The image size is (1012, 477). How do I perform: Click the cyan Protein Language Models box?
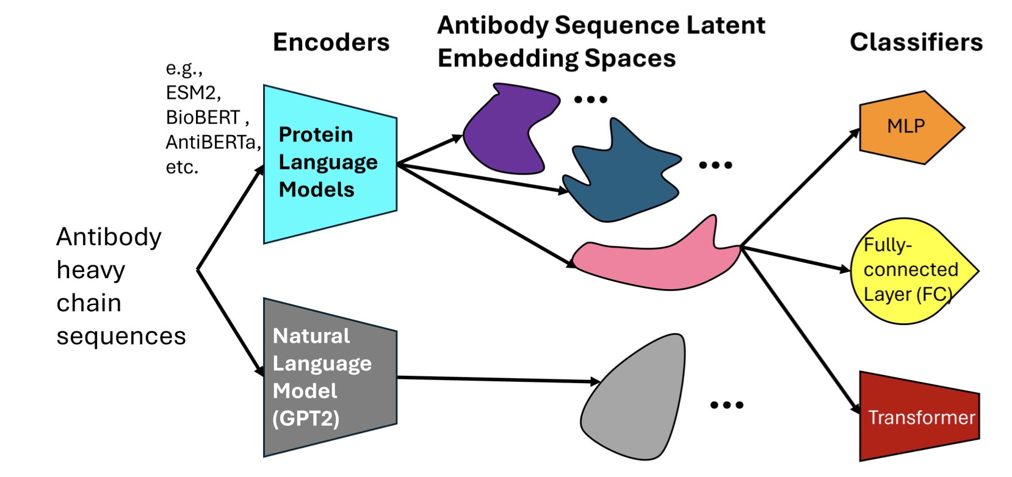(330, 163)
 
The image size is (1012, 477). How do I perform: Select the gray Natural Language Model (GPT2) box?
(330, 377)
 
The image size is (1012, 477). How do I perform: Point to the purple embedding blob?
(507, 128)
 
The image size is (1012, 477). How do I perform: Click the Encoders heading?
(331, 42)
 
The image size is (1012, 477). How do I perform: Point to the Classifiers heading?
(916, 42)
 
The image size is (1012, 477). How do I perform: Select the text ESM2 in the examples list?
(192, 93)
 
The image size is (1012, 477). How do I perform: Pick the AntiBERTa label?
(212, 142)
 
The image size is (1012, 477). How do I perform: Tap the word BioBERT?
(203, 117)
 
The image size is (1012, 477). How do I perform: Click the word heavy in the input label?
(90, 270)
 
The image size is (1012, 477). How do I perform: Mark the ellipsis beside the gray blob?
(727, 405)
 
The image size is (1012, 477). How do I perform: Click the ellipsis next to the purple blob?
(591, 99)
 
